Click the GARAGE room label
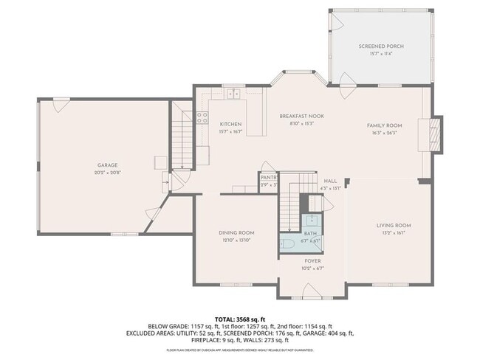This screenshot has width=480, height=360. point(108,165)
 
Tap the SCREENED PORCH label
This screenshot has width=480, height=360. point(381,46)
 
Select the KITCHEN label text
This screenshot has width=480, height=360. point(230,125)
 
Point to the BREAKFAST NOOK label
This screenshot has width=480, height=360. point(301,116)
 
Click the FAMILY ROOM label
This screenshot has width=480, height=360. point(384,125)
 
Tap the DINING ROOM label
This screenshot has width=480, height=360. point(236,233)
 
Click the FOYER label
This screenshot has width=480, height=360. point(313,260)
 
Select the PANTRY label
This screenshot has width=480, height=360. point(268,178)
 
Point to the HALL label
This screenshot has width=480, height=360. point(329,181)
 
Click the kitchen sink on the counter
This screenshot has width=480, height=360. point(234,94)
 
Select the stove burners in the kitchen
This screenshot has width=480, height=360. point(203,118)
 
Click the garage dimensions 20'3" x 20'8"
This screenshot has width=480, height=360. point(108,173)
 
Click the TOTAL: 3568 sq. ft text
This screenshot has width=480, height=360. point(239,318)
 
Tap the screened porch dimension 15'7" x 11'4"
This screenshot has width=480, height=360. point(381,53)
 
